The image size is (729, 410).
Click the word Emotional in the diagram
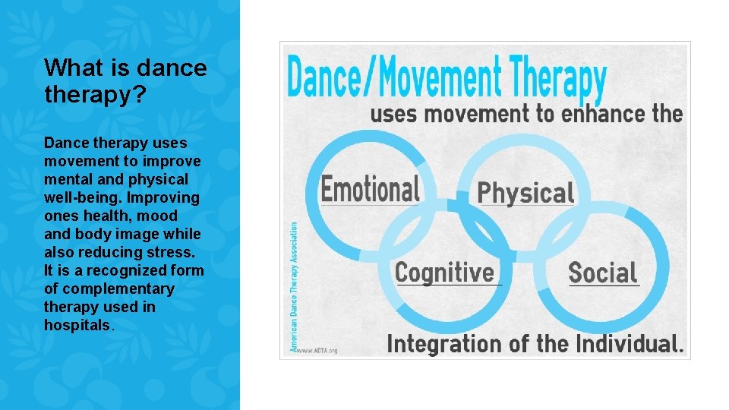(370, 189)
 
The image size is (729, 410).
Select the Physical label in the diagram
(525, 193)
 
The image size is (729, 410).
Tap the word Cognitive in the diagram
(444, 272)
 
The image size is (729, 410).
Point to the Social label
(603, 273)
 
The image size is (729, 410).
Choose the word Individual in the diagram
(630, 343)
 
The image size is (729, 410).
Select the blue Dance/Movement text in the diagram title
(395, 78)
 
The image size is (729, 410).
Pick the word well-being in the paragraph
(80, 197)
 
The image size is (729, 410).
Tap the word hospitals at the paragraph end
(77, 325)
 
